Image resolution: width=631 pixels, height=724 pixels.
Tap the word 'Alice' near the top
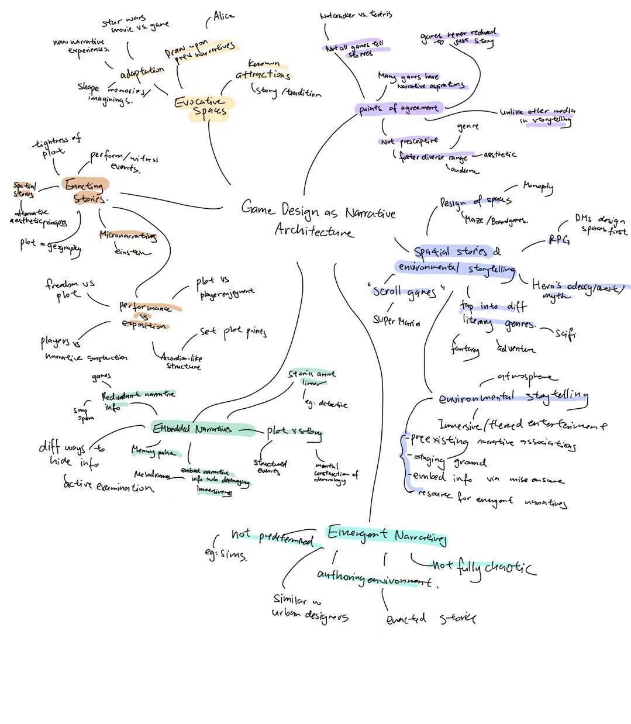(223, 16)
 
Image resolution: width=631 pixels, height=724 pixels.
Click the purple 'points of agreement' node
(398, 108)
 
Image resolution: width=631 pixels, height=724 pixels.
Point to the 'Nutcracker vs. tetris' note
(356, 15)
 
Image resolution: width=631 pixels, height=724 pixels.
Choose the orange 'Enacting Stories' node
(85, 191)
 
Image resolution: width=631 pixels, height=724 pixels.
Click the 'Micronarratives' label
(127, 235)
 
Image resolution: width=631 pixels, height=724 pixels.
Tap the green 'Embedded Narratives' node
(193, 429)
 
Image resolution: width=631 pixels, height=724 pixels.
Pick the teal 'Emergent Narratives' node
(387, 535)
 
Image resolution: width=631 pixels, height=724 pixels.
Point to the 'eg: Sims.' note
(225, 554)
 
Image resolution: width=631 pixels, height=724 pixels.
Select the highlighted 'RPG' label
(558, 239)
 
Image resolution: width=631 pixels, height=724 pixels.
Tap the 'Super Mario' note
(396, 320)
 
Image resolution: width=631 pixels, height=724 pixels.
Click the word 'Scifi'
(566, 334)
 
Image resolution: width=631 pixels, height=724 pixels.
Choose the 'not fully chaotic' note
(482, 566)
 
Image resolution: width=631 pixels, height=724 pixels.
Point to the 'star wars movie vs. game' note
(136, 25)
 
